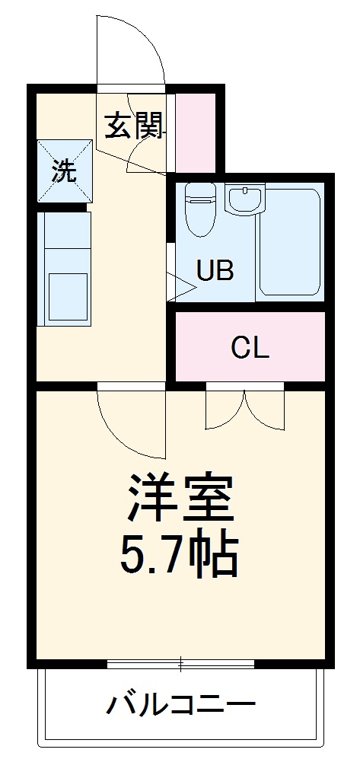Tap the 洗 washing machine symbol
tap(64, 171)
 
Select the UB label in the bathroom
tap(215, 270)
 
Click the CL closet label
tap(250, 348)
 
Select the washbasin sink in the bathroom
tap(244, 200)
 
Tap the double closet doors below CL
tap(244, 409)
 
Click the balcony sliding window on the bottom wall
tap(180, 665)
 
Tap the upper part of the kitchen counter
tap(65, 236)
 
